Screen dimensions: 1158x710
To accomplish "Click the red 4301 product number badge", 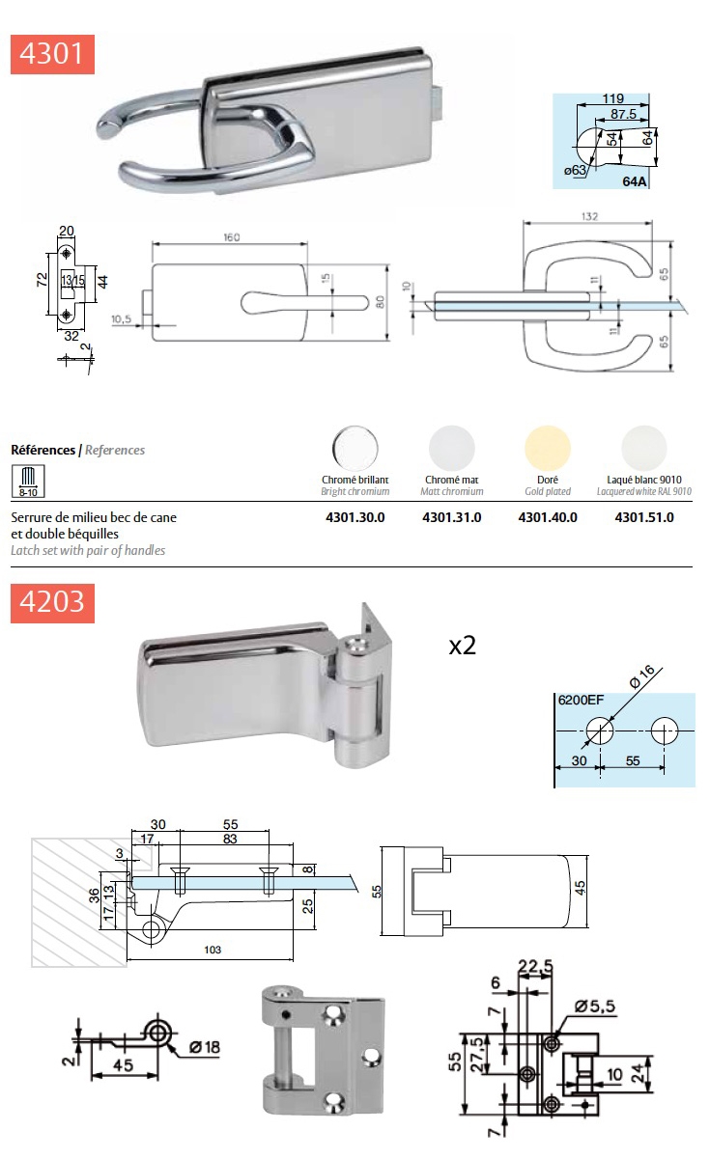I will point(53,53).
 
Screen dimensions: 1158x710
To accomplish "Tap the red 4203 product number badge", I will point(53,602).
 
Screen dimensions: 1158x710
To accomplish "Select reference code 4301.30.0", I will point(355,517).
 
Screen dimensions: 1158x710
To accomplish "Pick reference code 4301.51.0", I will point(644,517).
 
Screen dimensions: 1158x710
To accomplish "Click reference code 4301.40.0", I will point(548,517).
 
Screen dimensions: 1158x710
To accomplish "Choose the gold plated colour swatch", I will point(548,449).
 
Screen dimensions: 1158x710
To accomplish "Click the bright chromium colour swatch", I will point(355,449).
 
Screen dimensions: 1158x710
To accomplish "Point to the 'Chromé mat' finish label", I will point(452,480).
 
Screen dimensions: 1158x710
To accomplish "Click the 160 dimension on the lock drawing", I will point(231,236).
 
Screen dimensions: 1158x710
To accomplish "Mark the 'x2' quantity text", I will point(463,646).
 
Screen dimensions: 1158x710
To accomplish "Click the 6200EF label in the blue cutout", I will point(579,702).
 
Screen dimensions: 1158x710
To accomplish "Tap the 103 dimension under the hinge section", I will point(213,950).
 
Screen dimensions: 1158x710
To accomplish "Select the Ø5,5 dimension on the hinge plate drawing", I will point(595,1006).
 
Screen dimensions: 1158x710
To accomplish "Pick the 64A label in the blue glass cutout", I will point(635,181).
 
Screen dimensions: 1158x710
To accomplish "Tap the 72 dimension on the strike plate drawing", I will point(42,280).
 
